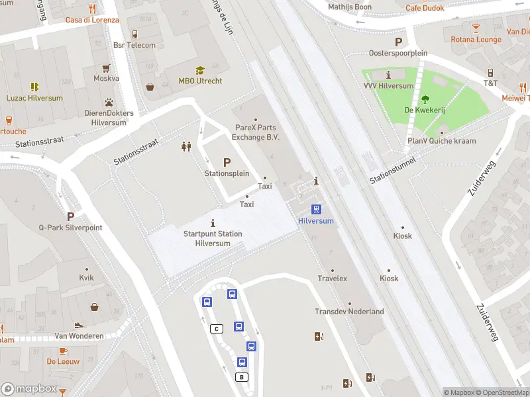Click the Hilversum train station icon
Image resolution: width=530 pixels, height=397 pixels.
[x=317, y=209]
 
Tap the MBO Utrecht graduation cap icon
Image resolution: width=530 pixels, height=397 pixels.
[x=200, y=70]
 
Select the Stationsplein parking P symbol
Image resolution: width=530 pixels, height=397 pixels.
[x=227, y=162]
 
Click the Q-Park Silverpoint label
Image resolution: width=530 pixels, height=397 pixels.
[x=71, y=227]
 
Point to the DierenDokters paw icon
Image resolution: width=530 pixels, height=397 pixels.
[x=107, y=103]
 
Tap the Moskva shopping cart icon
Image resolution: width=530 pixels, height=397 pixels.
[x=106, y=67]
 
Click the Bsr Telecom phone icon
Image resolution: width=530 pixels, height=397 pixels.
[x=134, y=34]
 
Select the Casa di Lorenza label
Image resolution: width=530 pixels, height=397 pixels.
[x=92, y=20]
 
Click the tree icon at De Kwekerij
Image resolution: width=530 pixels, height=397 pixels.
[x=425, y=100]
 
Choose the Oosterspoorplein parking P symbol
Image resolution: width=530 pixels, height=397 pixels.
[x=398, y=41]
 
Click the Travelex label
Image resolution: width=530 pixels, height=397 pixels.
[x=332, y=279]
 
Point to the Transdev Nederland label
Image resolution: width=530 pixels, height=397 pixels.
[x=349, y=312]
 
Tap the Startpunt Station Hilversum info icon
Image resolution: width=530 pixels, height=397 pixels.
[x=213, y=222]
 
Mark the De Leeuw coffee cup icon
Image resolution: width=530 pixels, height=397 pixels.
[x=63, y=351]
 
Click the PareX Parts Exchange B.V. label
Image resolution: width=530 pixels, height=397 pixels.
[x=256, y=132]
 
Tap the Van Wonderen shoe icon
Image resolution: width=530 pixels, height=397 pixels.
[x=79, y=325]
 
